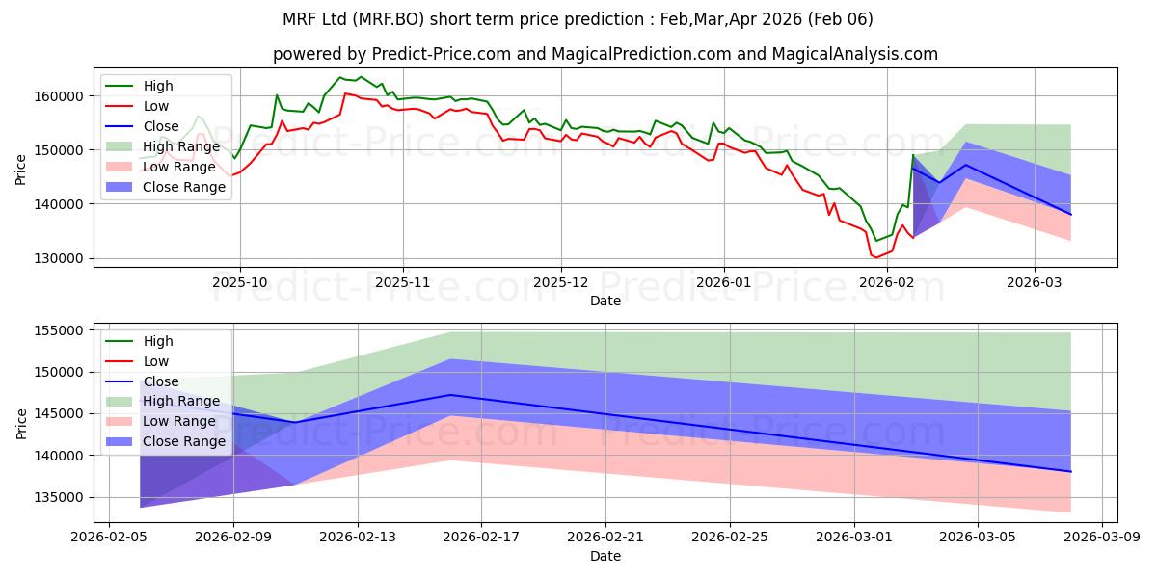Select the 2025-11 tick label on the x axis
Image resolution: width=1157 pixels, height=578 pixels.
click(x=403, y=283)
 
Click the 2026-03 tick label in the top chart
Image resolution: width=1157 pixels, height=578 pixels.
click(x=1035, y=283)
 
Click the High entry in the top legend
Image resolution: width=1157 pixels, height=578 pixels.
click(x=157, y=87)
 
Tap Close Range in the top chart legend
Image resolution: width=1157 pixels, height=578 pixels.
click(x=183, y=188)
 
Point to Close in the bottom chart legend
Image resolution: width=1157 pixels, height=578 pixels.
click(x=160, y=381)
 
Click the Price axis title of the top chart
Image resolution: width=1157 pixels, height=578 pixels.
click(x=22, y=170)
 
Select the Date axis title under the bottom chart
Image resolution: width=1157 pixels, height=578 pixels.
click(x=605, y=556)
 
